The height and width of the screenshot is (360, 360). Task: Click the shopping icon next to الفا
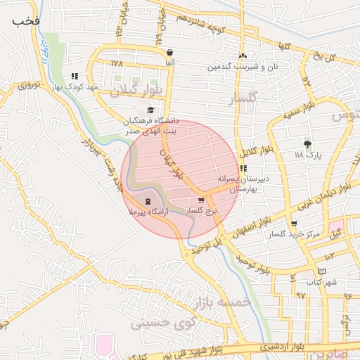(170, 53)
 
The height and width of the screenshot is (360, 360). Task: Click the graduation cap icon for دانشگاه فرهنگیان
(150, 110)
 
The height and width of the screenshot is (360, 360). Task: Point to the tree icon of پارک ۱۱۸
(307, 143)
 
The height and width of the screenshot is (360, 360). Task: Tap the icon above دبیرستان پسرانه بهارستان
(243, 169)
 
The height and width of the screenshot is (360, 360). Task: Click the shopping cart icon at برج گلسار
(202, 200)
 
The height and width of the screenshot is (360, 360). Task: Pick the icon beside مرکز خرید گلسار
(293, 224)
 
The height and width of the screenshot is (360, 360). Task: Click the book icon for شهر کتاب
(321, 271)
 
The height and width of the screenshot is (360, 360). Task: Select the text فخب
(25, 20)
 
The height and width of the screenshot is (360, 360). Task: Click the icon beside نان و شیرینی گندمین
(243, 56)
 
